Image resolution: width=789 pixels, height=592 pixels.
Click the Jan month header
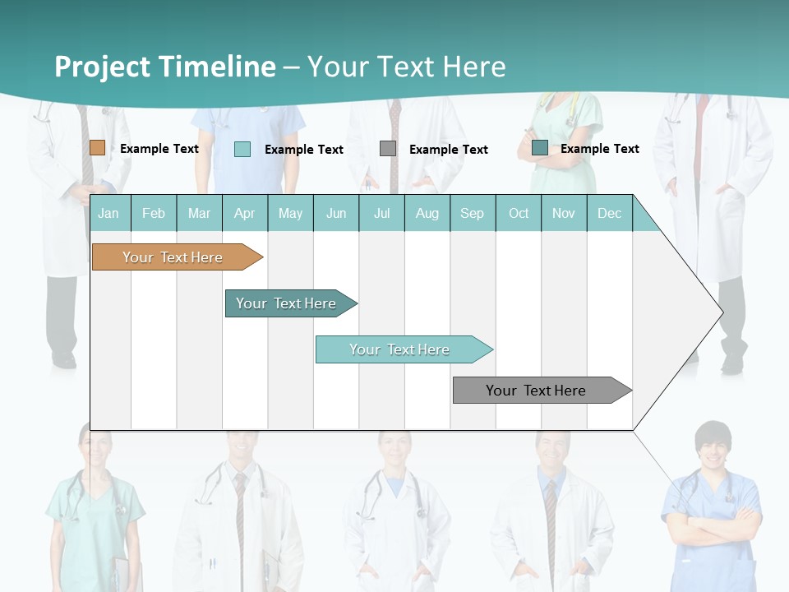(108, 214)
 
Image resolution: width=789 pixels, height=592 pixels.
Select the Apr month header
(244, 214)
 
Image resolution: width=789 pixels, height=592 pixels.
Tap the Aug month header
(427, 214)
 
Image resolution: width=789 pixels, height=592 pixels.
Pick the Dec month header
(609, 214)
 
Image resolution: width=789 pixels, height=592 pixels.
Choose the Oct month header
(519, 214)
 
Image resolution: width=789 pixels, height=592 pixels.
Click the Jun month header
(336, 214)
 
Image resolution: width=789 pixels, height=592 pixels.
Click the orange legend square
(97, 148)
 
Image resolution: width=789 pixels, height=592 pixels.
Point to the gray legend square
(388, 149)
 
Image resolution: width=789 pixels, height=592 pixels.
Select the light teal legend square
(242, 149)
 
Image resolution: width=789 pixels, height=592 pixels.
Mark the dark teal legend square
(540, 148)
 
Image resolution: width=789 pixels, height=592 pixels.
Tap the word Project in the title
(102, 67)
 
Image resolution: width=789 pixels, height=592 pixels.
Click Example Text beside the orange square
(159, 149)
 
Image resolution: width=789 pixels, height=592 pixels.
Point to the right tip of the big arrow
(722, 312)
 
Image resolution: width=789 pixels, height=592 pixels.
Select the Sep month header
(472, 214)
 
